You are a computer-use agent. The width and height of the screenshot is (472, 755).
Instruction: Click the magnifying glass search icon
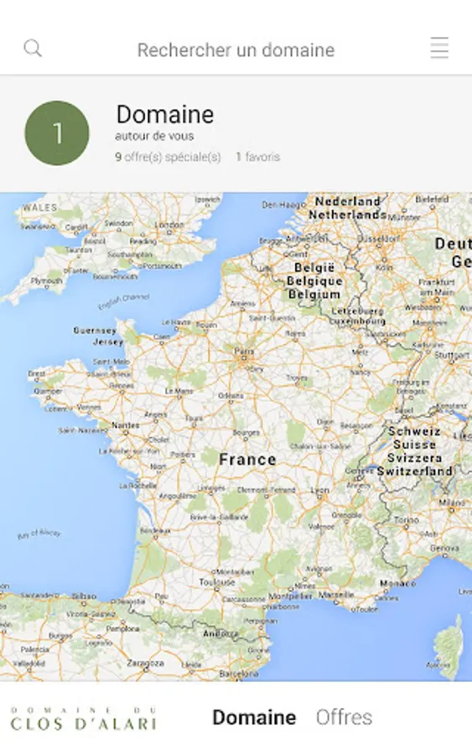pos(33,49)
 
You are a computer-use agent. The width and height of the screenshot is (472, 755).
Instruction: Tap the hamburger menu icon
pos(439,49)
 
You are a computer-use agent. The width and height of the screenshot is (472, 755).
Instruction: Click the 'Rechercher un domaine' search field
pos(236,50)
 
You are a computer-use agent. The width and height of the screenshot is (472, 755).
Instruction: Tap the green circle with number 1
pos(57,133)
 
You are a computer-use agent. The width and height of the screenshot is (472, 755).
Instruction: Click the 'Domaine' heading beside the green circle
pos(164,115)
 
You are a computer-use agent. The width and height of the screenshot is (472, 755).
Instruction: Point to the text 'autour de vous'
pos(154,137)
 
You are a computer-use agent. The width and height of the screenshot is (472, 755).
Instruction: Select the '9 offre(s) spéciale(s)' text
pos(168,157)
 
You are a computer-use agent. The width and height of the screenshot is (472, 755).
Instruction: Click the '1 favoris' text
pos(257,157)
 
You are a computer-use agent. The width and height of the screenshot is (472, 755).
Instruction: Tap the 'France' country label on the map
pos(247,460)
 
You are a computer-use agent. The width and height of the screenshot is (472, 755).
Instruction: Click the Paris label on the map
pos(244,351)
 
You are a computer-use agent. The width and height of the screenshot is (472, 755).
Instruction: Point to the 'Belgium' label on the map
pos(314,294)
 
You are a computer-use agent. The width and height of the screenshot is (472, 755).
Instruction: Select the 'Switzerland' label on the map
pos(414,471)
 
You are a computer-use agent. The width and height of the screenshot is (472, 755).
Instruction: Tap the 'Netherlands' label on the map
pos(347,215)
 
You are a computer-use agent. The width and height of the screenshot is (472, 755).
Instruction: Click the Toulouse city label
pos(217,581)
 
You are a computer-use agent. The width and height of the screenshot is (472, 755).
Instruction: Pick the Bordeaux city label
pos(150,532)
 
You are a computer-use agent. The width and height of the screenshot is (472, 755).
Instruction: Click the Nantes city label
pos(126,425)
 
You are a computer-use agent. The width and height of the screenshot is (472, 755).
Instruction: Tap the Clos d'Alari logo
pos(83,718)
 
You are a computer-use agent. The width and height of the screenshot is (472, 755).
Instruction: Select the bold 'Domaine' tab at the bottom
pos(254,717)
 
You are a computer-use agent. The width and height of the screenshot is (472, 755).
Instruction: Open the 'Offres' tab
pos(344,717)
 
